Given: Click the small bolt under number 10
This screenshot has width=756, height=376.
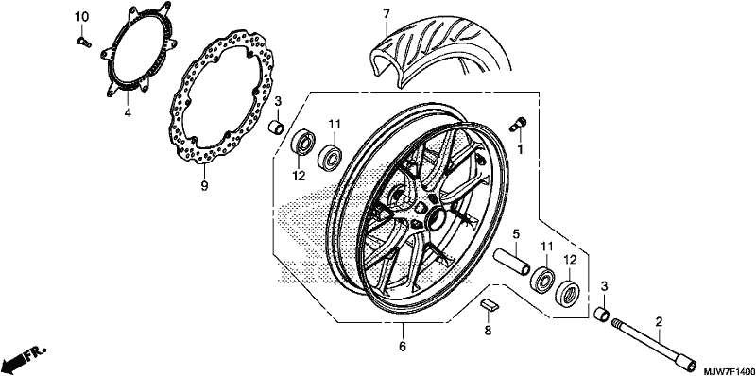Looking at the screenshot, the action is click(84, 43).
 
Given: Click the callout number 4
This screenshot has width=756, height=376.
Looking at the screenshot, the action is click(128, 112).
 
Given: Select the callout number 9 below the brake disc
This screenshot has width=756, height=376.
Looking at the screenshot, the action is click(204, 185).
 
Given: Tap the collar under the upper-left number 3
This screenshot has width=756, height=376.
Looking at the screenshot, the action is click(276, 128).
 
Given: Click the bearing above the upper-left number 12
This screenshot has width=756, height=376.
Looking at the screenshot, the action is click(302, 142).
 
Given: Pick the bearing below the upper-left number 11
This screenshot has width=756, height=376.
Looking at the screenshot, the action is click(330, 156).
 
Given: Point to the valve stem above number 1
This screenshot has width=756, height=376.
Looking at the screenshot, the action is click(518, 124).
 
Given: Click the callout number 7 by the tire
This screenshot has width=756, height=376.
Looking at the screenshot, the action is click(386, 14).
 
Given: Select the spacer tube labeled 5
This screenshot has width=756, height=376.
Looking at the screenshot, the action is click(512, 262).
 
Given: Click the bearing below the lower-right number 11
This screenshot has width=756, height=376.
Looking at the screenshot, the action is click(542, 279).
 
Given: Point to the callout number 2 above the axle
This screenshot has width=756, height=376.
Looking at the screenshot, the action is click(659, 321).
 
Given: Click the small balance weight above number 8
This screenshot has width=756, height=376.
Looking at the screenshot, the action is click(490, 304).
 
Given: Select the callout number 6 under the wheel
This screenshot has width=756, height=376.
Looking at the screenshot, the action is click(403, 346).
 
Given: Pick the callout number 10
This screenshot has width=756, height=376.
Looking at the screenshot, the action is click(81, 17).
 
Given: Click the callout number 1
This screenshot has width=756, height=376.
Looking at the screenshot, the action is click(520, 150).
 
